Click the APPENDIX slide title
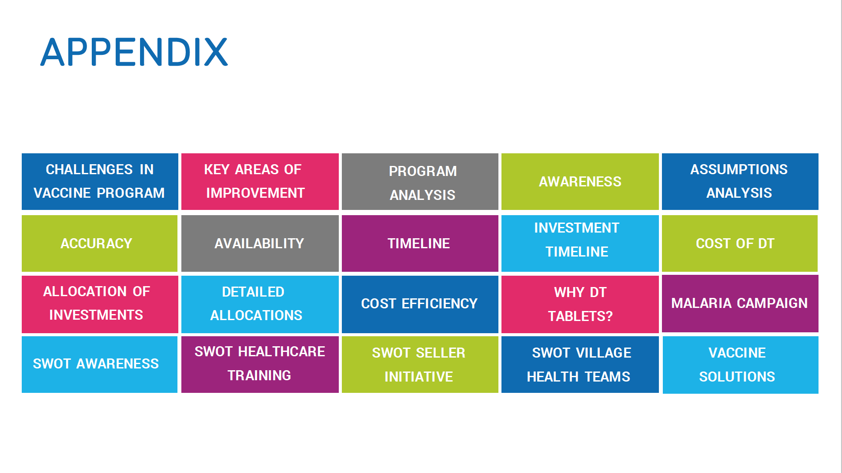(134, 52)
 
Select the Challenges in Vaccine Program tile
(100, 182)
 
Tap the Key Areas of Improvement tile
(260, 182)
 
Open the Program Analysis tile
(420, 182)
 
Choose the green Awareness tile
(580, 182)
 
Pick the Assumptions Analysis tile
(740, 182)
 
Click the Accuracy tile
(100, 243)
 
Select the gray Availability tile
(260, 243)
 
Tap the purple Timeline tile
(420, 243)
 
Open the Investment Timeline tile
(580, 243)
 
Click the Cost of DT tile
(740, 243)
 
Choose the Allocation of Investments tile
(100, 304)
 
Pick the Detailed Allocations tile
(260, 304)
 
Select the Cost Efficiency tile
(420, 304)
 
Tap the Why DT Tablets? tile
(580, 304)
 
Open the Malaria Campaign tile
(740, 304)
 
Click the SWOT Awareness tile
(100, 365)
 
